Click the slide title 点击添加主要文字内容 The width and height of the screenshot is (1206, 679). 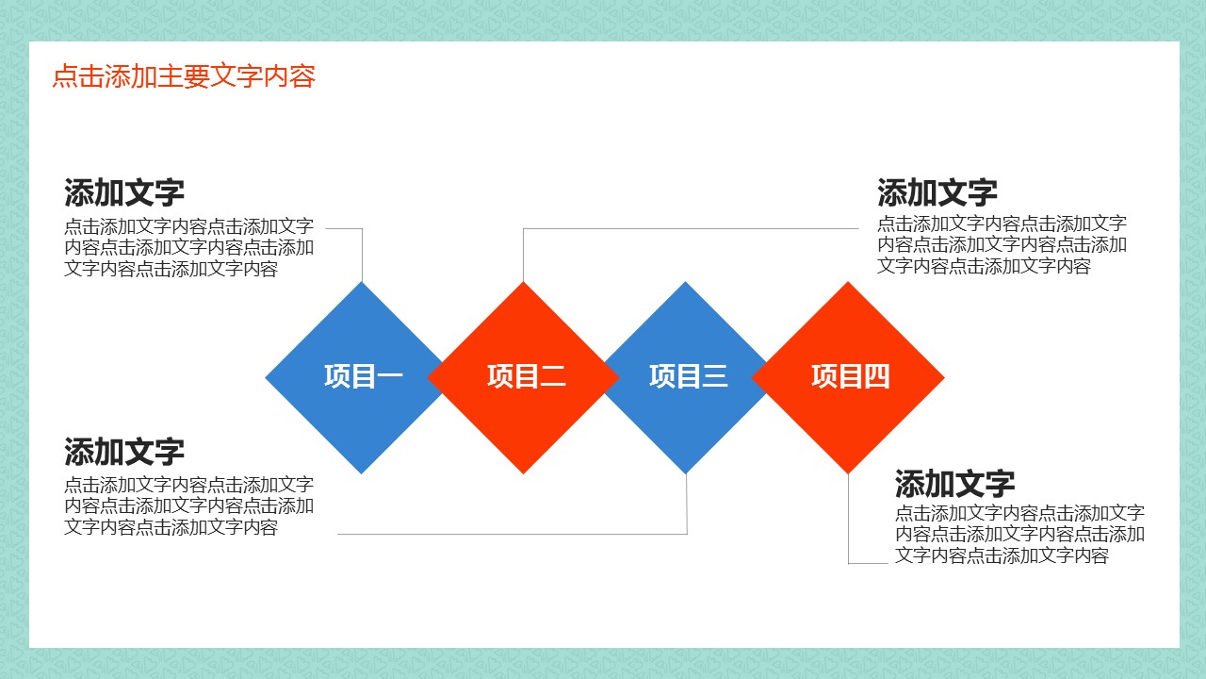coord(184,76)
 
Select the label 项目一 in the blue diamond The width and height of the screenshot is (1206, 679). coord(363,376)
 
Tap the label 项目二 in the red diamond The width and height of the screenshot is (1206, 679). coord(526,376)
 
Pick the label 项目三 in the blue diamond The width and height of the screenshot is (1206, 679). coord(688,376)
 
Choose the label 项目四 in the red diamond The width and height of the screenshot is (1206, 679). coord(850,376)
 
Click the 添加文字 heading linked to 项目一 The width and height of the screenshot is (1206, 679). coord(124,193)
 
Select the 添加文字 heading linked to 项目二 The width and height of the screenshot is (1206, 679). coord(937,193)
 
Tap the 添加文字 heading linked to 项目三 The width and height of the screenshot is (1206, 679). coord(124,452)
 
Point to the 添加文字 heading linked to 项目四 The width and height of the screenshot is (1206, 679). coord(954,485)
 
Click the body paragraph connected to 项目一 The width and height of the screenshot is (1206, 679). coord(188,248)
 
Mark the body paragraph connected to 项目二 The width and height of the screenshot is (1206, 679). coord(1002,245)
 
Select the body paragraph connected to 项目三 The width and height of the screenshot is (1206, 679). coord(188,506)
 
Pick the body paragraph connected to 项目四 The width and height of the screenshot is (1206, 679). coord(1019,535)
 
